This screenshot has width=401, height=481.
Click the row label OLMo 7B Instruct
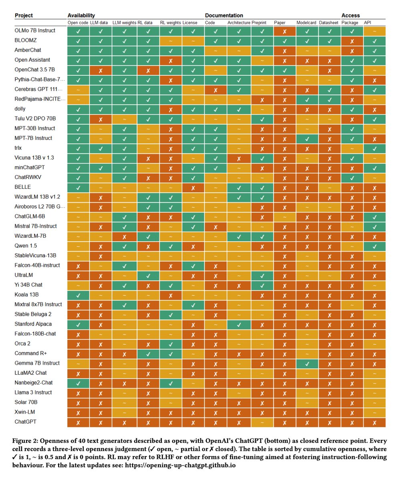point(35,30)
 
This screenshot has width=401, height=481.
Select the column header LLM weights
point(124,23)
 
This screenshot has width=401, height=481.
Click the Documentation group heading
point(224,16)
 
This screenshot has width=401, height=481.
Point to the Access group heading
point(351,16)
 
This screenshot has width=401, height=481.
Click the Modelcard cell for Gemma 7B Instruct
point(307,363)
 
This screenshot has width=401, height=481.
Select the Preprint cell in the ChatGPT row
point(262,422)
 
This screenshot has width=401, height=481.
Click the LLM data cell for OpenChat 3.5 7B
point(101,70)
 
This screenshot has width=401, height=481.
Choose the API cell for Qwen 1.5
point(374,246)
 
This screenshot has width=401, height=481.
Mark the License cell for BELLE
point(193,187)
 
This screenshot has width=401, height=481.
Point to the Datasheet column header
point(328,23)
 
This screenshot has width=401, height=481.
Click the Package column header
point(350,23)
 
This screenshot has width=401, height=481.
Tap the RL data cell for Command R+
point(148,353)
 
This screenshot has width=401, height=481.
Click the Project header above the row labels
point(24,16)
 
